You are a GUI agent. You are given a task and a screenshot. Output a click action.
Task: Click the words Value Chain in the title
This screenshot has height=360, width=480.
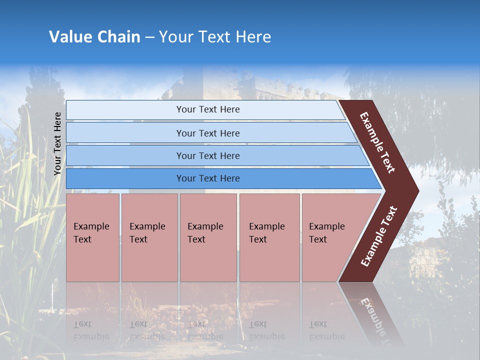(x=94, y=37)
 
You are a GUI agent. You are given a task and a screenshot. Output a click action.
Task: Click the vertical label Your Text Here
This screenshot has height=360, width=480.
(x=57, y=143)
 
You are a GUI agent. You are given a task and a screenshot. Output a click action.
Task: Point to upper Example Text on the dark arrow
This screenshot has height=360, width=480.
(x=377, y=142)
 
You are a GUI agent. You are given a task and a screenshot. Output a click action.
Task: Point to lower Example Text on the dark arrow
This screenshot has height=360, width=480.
(x=379, y=236)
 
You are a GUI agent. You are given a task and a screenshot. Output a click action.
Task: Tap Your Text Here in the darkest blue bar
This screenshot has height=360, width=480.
(x=208, y=178)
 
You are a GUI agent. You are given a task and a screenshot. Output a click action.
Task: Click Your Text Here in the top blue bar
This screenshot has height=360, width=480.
(x=208, y=109)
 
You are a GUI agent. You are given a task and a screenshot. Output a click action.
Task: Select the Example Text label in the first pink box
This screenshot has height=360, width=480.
(x=91, y=232)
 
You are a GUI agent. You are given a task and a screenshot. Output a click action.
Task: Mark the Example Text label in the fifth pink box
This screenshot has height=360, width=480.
(x=326, y=232)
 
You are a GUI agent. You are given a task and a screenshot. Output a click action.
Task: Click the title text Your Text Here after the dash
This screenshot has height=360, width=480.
(x=215, y=37)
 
